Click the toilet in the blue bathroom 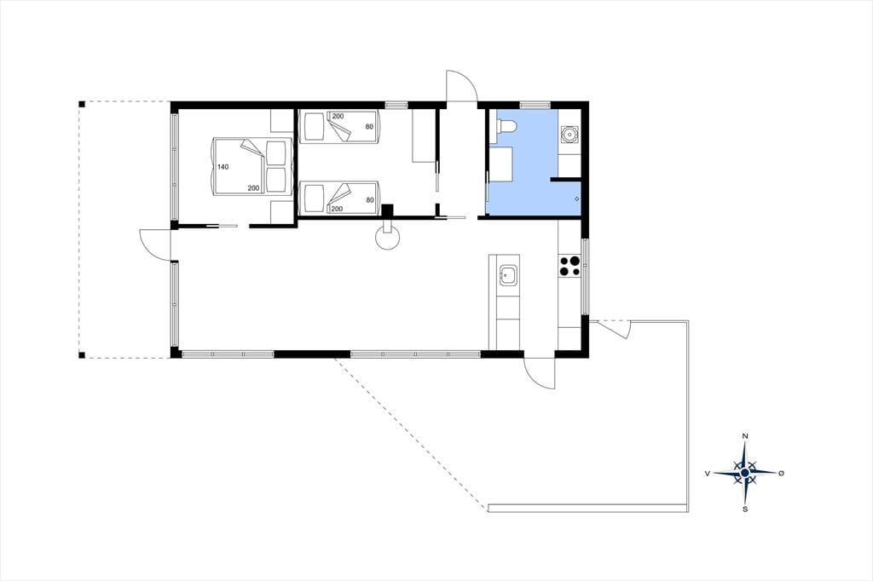(506, 126)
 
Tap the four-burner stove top (569, 266)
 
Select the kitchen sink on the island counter (508, 275)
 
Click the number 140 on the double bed (223, 167)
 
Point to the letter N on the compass (745, 436)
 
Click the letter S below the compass (745, 509)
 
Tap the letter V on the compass (707, 473)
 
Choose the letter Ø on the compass (781, 473)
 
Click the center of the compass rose (745, 473)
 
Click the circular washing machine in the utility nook (569, 134)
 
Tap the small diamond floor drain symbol (576, 198)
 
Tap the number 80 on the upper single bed (369, 127)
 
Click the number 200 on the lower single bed (337, 209)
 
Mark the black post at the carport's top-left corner (81, 104)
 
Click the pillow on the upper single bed (314, 127)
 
